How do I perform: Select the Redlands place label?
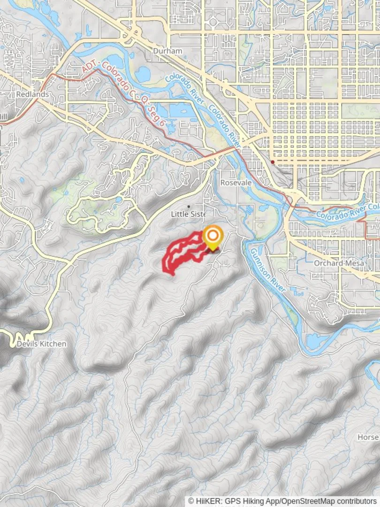(32, 94)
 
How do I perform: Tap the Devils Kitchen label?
(41, 344)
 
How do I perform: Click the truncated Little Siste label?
(188, 214)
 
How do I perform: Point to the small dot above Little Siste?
(189, 206)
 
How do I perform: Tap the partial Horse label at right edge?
(368, 437)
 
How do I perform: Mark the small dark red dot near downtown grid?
(273, 162)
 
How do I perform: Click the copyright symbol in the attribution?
(191, 501)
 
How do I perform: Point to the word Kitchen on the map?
(53, 344)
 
